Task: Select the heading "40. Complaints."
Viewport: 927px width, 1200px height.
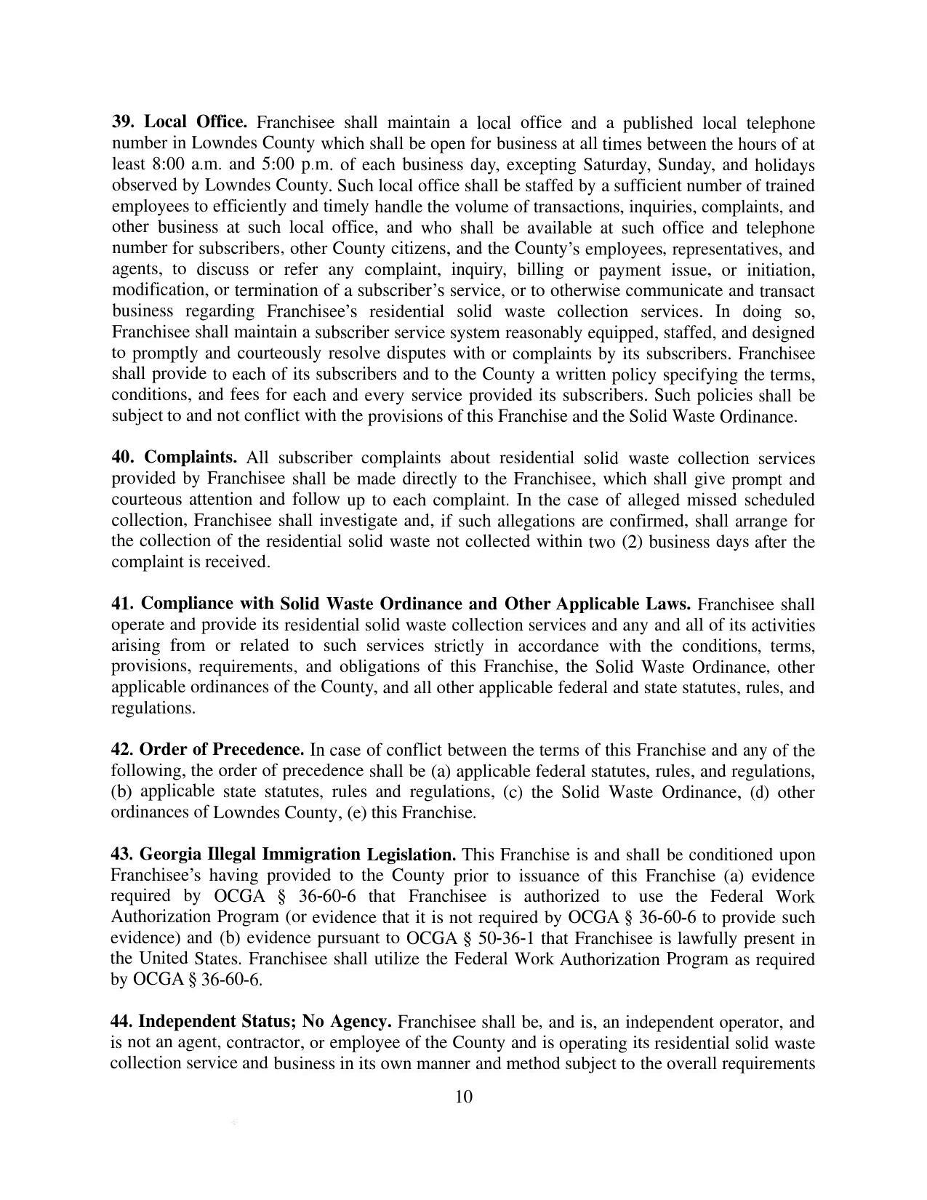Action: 174,457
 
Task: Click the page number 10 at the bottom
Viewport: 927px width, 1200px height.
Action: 464,1096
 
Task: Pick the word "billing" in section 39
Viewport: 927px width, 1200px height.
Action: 539,270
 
